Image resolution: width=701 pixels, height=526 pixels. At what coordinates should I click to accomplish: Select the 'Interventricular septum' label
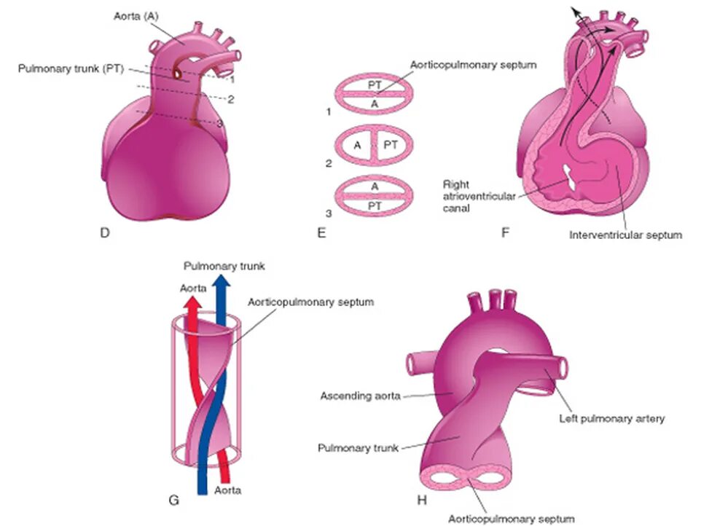point(626,235)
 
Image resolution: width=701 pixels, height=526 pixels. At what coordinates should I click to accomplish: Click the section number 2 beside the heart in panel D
point(230,99)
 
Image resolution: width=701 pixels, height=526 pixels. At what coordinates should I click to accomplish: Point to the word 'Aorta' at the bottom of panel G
point(227,490)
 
